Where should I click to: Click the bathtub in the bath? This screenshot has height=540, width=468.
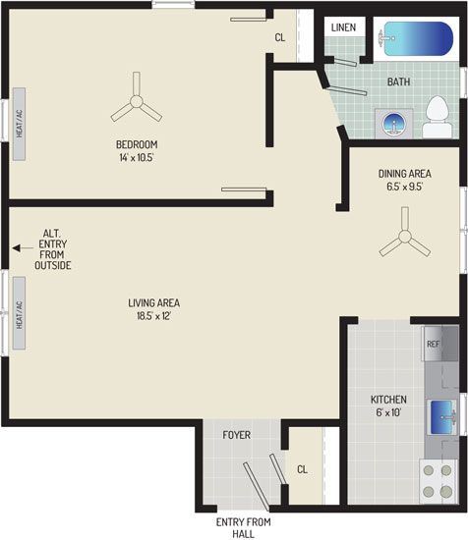point(417,39)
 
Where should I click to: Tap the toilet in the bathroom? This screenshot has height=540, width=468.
point(437,117)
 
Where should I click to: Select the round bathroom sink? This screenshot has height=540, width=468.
point(394,124)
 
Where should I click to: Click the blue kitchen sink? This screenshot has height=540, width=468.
point(441,417)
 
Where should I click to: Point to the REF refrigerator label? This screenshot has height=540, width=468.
point(434,344)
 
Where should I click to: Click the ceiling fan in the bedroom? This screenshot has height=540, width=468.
point(137,99)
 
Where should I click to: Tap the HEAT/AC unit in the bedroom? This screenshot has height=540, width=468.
point(20,124)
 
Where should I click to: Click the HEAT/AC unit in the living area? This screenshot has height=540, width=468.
point(20,313)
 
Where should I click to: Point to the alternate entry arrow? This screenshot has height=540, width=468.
point(23,248)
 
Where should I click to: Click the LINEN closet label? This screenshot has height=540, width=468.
point(343,27)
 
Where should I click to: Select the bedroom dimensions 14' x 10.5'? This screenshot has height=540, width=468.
point(137,158)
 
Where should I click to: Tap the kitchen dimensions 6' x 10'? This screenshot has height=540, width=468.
point(388,412)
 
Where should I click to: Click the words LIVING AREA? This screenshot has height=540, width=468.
point(153,303)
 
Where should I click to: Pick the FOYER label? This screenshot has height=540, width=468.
point(237,435)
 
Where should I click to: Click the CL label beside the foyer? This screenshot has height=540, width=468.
point(302,469)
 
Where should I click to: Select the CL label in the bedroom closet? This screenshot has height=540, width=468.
point(280,37)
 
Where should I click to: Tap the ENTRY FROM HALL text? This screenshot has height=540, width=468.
point(244,528)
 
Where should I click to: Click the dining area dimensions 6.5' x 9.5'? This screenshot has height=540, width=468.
point(404,187)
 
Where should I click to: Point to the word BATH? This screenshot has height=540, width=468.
point(398,81)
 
